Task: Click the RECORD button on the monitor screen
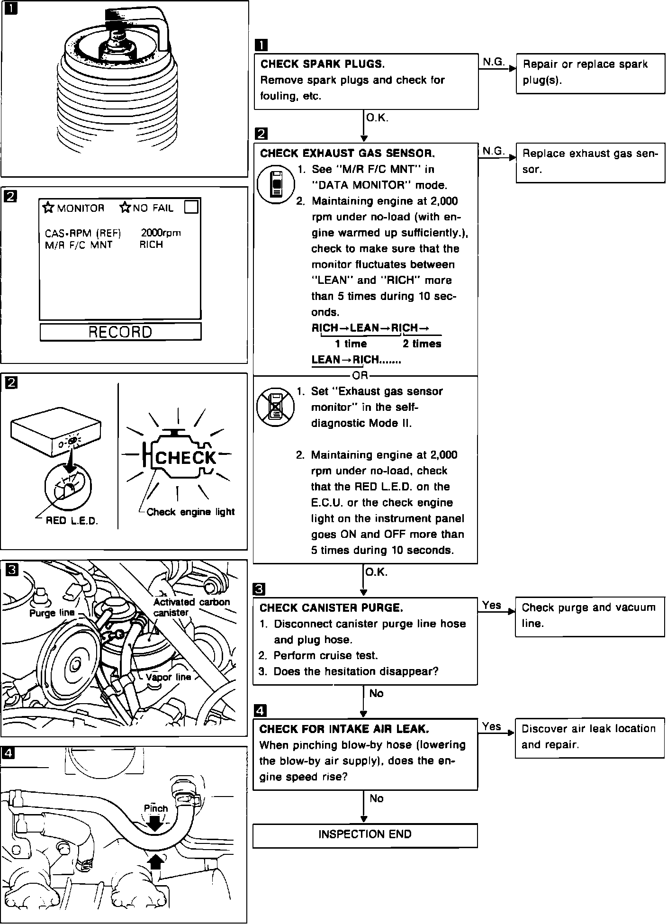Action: (120, 332)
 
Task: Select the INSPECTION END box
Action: (365, 834)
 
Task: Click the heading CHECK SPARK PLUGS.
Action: (323, 64)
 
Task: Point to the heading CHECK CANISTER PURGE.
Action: (332, 608)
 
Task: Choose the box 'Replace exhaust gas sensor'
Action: (590, 162)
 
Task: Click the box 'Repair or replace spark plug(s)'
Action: (590, 72)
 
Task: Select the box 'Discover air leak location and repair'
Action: (589, 737)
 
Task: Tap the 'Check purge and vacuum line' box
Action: (589, 616)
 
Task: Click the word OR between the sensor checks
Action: (360, 376)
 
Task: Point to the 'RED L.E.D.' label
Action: (72, 521)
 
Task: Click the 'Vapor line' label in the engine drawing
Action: (168, 677)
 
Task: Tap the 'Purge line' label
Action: (52, 613)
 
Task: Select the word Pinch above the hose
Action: (156, 808)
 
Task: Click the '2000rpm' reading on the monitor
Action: (161, 233)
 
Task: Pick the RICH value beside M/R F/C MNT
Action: (151, 245)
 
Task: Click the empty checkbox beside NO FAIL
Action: (191, 207)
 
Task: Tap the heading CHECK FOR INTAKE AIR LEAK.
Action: (344, 729)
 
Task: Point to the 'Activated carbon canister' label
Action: (191, 607)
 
